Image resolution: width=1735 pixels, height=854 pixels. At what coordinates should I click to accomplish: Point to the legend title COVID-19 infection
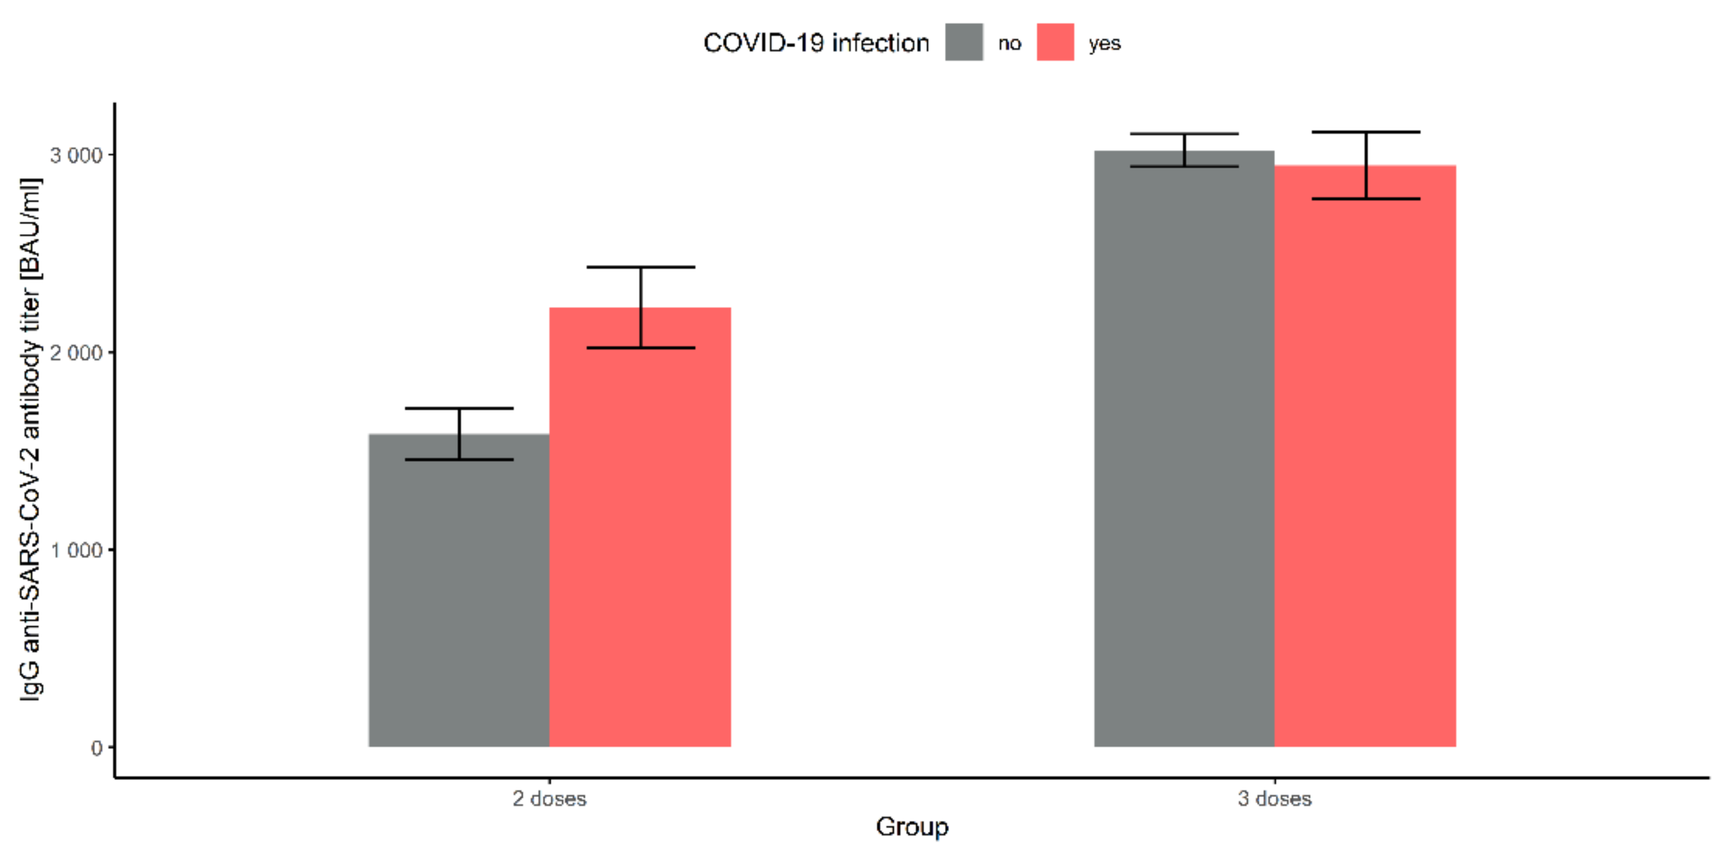pyautogui.click(x=816, y=43)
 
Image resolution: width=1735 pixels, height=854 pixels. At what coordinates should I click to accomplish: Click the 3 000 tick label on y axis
pyautogui.click(x=76, y=155)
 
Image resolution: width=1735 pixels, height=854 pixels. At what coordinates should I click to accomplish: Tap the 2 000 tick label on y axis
pyautogui.click(x=76, y=353)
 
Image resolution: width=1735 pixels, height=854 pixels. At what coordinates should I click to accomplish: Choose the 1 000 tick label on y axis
pyautogui.click(x=76, y=550)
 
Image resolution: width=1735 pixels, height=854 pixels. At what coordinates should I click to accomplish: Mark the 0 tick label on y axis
pyautogui.click(x=96, y=748)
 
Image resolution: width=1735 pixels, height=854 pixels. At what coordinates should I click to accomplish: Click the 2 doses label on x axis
pyautogui.click(x=549, y=799)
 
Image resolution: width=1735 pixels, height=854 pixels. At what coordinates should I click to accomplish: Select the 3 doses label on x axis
pyautogui.click(x=1274, y=799)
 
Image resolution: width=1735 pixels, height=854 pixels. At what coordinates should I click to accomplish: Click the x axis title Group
pyautogui.click(x=912, y=826)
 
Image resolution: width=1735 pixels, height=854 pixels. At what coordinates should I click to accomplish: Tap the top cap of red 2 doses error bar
pyautogui.click(x=640, y=268)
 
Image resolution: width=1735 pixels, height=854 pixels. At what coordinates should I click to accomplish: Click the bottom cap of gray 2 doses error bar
pyautogui.click(x=459, y=459)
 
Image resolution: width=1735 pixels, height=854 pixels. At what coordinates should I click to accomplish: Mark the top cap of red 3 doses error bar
pyautogui.click(x=1366, y=132)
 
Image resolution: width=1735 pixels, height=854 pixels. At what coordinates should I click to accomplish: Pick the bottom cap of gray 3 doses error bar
pyautogui.click(x=1184, y=166)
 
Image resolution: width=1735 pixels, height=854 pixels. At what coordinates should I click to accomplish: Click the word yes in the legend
pyautogui.click(x=1104, y=44)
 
